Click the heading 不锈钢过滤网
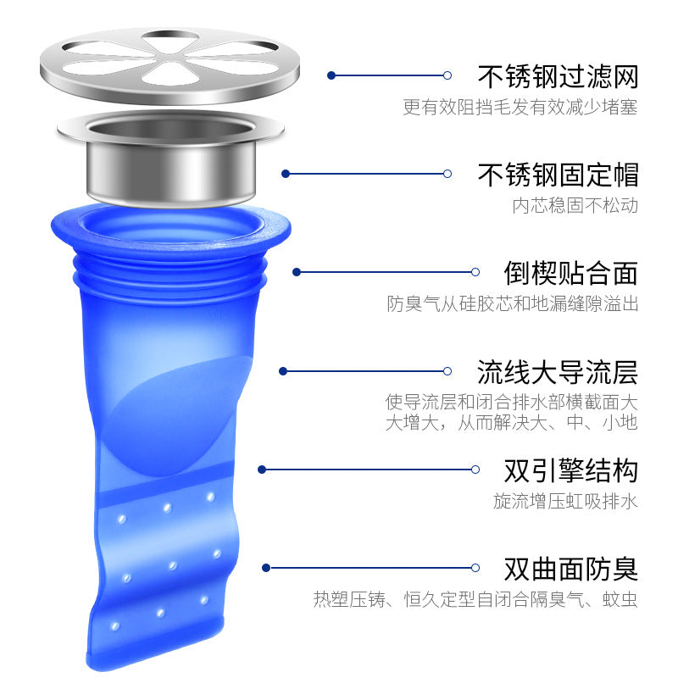[558, 76]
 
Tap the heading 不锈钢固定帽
[558, 175]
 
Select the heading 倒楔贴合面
[570, 273]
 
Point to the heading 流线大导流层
[558, 372]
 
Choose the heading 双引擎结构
[570, 470]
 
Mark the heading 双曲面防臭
[570, 569]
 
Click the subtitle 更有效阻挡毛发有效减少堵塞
[520, 107]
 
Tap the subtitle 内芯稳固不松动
[575, 205]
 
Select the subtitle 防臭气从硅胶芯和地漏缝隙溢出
[513, 303]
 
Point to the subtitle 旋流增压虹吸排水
[565, 501]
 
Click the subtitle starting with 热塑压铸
[475, 600]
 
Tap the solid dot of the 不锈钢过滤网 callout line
[331, 75]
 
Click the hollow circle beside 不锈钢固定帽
[447, 174]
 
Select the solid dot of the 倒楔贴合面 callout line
[297, 272]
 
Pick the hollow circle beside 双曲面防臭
[475, 568]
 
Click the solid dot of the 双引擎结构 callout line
[262, 470]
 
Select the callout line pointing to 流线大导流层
[365, 371]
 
